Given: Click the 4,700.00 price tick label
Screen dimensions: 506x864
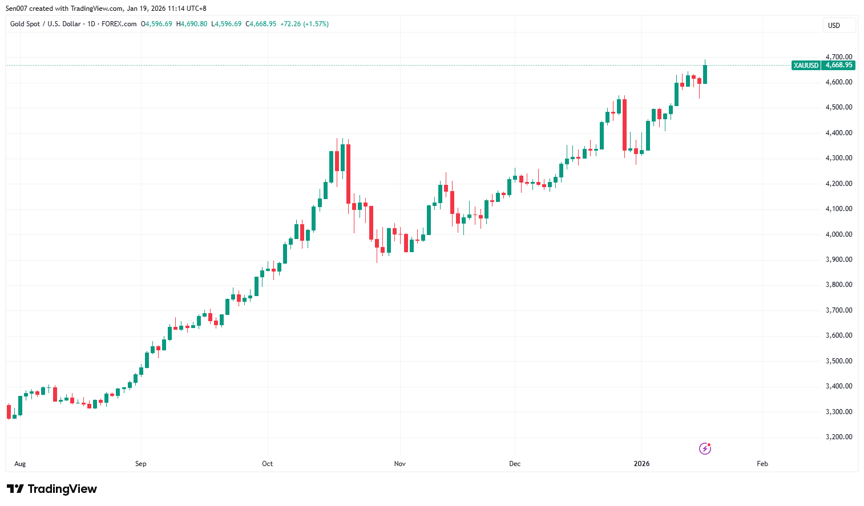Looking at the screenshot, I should [x=838, y=57].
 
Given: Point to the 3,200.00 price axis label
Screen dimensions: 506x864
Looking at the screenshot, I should [x=838, y=437].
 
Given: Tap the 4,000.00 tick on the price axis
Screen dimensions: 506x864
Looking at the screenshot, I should [x=838, y=234].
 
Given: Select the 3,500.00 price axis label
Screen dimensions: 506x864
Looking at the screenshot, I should [x=838, y=361].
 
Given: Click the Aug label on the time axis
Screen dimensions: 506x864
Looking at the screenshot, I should [x=20, y=464].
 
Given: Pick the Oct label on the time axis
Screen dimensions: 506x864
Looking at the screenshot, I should [x=267, y=464].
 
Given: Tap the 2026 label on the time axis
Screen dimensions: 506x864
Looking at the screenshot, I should [x=641, y=464].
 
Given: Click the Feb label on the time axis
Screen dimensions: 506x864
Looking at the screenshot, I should [x=762, y=464].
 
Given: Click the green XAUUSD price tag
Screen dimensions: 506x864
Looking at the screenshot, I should [x=806, y=66].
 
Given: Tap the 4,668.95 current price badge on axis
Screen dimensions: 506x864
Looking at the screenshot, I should [x=838, y=66].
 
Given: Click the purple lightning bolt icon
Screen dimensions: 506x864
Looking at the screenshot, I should [x=705, y=448].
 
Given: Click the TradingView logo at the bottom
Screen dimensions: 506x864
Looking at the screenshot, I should [x=52, y=489].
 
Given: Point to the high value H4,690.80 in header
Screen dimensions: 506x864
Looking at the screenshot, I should [x=192, y=24].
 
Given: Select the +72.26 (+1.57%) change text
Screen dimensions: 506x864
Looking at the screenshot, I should [x=304, y=24].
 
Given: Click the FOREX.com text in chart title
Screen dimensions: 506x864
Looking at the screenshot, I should [x=119, y=24].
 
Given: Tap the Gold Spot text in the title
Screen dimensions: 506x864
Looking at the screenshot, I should [x=25, y=24].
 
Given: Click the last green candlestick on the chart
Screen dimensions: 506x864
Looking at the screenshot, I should [x=705, y=74].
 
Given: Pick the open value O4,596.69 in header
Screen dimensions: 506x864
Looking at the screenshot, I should [x=156, y=24].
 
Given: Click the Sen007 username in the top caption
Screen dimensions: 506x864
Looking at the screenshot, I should [x=17, y=9].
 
